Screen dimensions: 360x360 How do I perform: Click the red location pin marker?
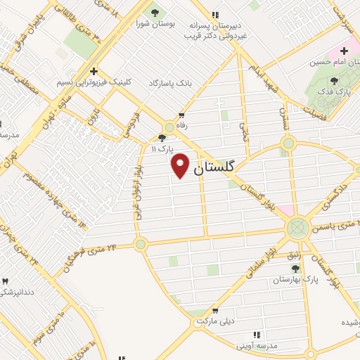[181, 165]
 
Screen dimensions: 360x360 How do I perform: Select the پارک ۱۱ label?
[162, 149]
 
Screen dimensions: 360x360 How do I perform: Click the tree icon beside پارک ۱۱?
[162, 138]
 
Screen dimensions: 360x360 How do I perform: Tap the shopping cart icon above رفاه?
[181, 115]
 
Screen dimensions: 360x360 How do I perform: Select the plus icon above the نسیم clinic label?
[93, 70]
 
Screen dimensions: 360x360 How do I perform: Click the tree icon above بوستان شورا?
[154, 12]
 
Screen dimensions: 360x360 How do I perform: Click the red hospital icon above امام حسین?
[345, 50]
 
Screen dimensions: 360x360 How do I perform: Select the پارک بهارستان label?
[296, 280]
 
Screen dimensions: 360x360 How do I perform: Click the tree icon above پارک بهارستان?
[295, 268]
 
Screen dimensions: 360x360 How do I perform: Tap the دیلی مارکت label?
[214, 321]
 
